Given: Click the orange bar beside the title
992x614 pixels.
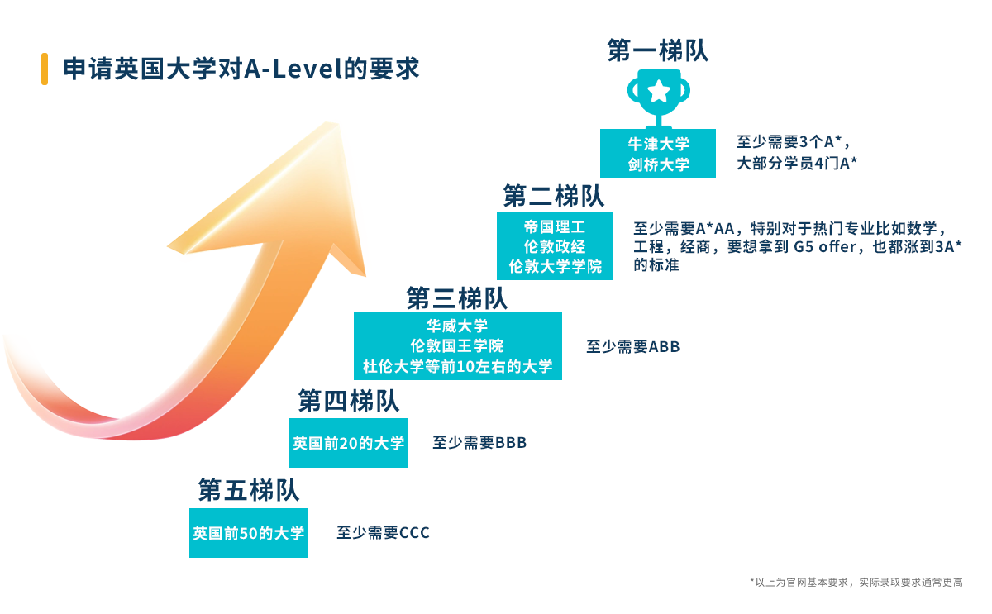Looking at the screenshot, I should tap(44, 69).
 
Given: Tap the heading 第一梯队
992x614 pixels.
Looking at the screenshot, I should tap(657, 51).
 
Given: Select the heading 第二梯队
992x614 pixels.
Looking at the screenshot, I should tap(554, 197).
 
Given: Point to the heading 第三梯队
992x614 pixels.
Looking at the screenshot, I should tap(457, 297).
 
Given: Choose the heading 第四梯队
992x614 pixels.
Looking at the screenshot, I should tap(349, 402).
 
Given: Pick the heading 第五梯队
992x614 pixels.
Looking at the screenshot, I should tap(248, 490).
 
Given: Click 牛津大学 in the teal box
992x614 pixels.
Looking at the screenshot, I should tap(657, 144).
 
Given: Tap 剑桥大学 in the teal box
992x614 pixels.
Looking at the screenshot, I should tap(657, 164).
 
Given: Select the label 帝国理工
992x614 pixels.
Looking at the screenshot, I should tap(554, 226).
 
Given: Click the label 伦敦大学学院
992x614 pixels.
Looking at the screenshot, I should tap(554, 267).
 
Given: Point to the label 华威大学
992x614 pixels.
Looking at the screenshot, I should tap(457, 326).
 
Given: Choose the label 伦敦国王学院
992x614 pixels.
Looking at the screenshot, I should tap(457, 345).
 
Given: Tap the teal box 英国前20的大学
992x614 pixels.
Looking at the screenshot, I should tap(348, 444).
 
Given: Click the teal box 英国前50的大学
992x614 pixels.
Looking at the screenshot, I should tap(248, 534).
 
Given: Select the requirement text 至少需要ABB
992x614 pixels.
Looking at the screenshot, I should tap(633, 347).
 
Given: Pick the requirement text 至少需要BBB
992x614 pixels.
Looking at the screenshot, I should tap(479, 443).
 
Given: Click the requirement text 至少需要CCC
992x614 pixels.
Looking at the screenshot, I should tap(383, 533).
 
